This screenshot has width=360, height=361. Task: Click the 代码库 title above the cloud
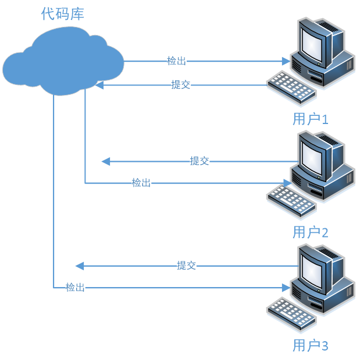click(x=63, y=14)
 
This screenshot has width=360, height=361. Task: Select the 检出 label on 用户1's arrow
click(x=176, y=61)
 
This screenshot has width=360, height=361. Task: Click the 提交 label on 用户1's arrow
click(x=180, y=85)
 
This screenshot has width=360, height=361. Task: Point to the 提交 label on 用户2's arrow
click(x=199, y=161)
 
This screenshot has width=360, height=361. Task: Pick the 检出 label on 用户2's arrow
click(x=141, y=183)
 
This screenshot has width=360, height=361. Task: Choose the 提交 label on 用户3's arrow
click(x=186, y=266)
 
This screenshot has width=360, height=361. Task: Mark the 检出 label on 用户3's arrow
click(x=75, y=287)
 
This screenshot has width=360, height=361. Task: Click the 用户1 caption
click(x=311, y=120)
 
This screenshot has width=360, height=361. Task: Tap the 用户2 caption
click(x=311, y=233)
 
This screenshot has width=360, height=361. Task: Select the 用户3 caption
click(x=311, y=346)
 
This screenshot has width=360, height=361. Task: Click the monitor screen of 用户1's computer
click(x=312, y=44)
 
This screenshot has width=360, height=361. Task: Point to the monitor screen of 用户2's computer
click(x=312, y=157)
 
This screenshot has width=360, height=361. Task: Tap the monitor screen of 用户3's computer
click(x=312, y=271)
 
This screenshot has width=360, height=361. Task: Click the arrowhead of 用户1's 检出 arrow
click(x=286, y=61)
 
